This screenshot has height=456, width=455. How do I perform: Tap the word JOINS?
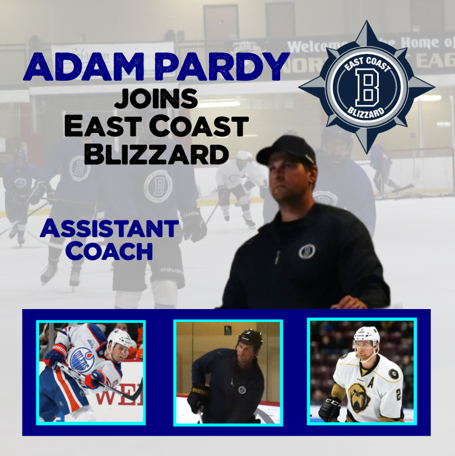click(156, 99)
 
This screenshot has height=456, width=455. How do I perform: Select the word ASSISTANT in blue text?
click(109, 229)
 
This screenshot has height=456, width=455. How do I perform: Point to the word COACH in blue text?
click(109, 251)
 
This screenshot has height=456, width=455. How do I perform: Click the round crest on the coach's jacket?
click(307, 251)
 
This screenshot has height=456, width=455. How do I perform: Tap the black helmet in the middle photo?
click(250, 338)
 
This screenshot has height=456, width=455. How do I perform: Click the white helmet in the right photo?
click(366, 335)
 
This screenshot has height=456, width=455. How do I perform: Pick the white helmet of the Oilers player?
click(120, 338)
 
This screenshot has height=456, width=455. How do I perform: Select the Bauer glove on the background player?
click(194, 225)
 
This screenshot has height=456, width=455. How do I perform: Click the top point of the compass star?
click(366, 25)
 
